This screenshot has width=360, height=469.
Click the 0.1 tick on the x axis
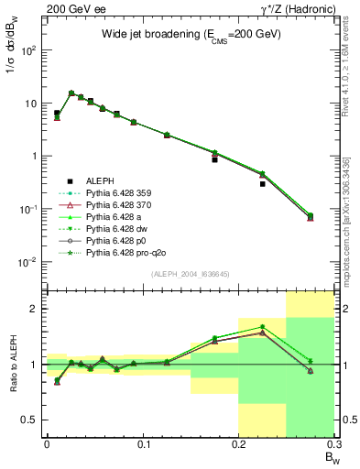[x=142, y=443]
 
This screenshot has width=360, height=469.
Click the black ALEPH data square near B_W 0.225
[x=262, y=183]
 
